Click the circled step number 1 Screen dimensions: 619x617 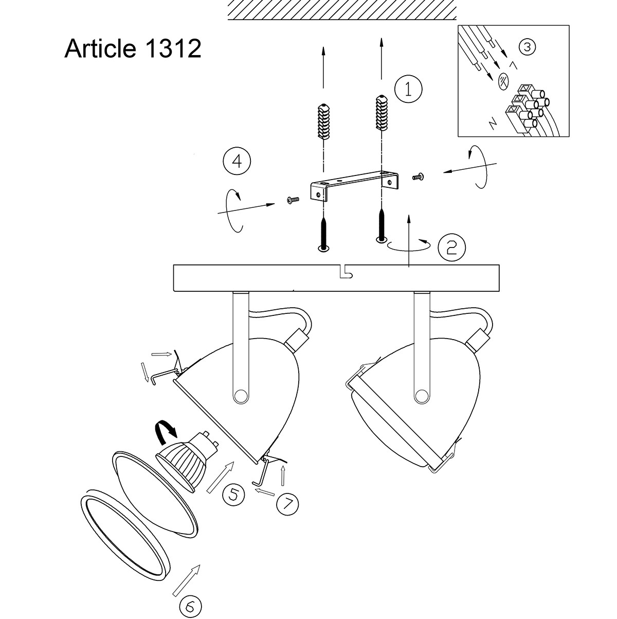[408, 90]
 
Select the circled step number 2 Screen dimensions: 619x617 [451, 247]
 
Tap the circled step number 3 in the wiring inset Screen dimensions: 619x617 [527, 47]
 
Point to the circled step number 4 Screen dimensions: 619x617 [237, 161]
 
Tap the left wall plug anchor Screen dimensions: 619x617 [323, 121]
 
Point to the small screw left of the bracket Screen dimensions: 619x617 [292, 200]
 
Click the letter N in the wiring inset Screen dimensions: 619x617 [492, 122]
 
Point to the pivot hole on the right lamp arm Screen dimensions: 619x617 [421, 395]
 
